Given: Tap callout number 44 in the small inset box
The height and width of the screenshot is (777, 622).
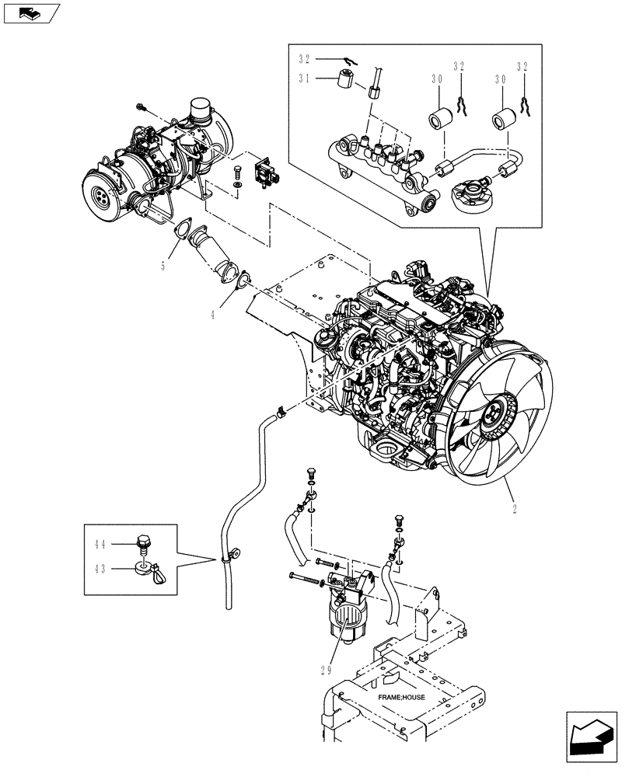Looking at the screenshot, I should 124,544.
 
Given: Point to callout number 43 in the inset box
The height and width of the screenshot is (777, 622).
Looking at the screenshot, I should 124,568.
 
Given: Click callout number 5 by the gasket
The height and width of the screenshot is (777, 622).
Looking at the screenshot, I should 163,265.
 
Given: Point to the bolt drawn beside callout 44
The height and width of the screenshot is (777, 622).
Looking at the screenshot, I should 144,542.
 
